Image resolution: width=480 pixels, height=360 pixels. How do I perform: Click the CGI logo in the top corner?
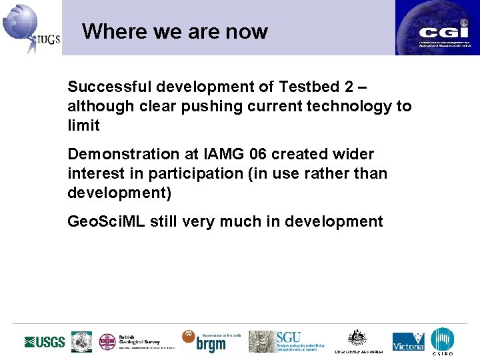pos(437,28)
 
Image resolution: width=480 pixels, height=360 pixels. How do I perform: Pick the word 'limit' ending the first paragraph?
pos(83,125)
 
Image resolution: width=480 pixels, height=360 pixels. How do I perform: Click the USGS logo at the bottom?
pos(45,342)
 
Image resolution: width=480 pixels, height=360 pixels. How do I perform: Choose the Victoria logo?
pos(408,342)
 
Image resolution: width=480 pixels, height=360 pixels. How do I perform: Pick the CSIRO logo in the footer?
pos(442,341)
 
